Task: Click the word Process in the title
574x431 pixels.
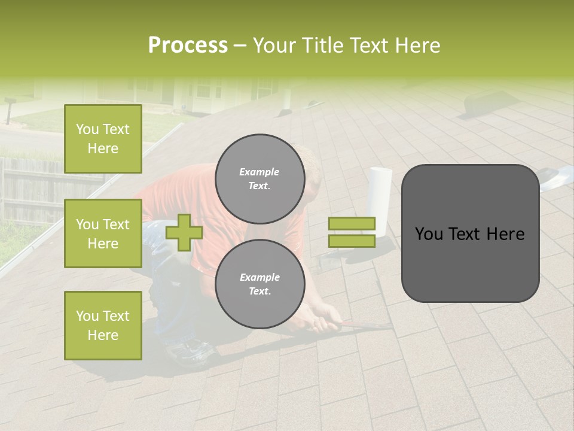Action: (188, 45)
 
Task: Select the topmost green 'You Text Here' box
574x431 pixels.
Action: (103, 139)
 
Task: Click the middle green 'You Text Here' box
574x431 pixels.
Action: (103, 233)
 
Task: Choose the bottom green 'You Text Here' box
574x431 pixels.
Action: (103, 325)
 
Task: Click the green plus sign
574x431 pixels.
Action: (184, 232)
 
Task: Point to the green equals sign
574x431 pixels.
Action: (352, 232)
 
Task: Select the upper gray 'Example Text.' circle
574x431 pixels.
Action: (259, 178)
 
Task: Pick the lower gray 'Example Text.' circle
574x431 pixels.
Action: (259, 284)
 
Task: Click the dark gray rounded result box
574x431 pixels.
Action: (470, 233)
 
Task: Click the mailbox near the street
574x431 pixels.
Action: (11, 110)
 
